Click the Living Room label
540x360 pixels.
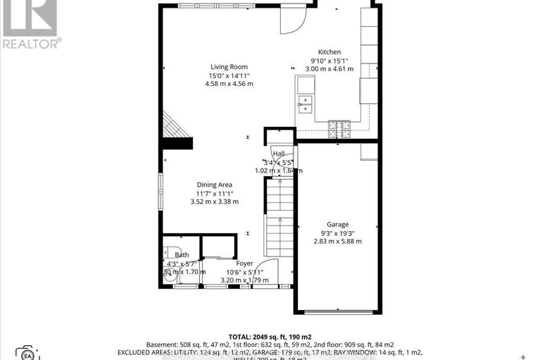[x=228, y=66]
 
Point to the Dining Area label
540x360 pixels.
[x=215, y=185]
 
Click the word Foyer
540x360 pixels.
[x=244, y=263]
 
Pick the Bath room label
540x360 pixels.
[x=182, y=255]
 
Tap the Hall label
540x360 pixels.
[x=278, y=154]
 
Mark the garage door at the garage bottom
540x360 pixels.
[x=337, y=312]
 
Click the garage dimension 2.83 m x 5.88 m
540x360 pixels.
[x=337, y=241]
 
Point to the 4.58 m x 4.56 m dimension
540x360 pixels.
[x=228, y=83]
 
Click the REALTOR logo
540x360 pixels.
[x=30, y=24]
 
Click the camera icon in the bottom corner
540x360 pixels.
[x=27, y=352]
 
